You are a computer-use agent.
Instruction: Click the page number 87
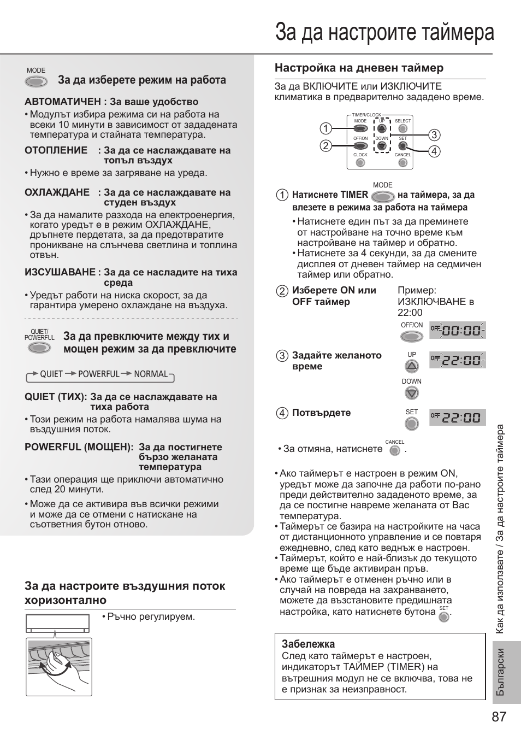(x=499, y=717)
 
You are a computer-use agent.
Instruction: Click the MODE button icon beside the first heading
(x=35, y=82)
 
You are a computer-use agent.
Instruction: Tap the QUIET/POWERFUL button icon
(x=39, y=348)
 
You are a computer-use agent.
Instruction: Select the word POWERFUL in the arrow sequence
(x=98, y=374)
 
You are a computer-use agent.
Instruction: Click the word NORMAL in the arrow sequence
(x=151, y=374)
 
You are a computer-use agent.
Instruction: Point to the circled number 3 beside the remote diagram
(x=434, y=135)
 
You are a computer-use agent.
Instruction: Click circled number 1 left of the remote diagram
(x=325, y=128)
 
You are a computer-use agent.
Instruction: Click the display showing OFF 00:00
(x=457, y=331)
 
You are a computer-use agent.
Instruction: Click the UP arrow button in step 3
(x=412, y=366)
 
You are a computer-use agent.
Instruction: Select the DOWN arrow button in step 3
(x=412, y=393)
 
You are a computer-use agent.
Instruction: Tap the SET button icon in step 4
(x=412, y=424)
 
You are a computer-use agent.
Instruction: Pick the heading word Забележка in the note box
(x=308, y=644)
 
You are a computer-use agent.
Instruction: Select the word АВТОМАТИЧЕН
(x=63, y=102)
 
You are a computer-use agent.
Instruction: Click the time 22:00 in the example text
(x=410, y=313)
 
